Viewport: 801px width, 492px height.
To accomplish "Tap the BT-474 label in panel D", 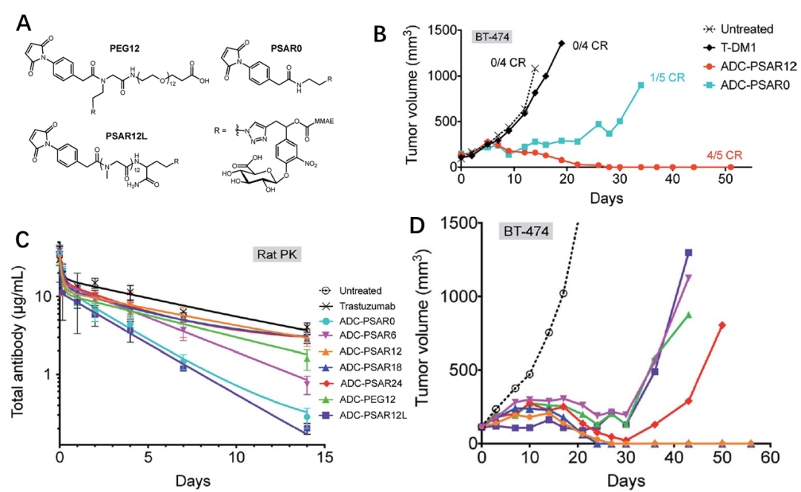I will (x=524, y=231).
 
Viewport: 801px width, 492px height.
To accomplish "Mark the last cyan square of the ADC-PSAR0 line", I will (x=641, y=85).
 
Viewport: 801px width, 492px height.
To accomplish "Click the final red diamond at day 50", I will (x=722, y=325).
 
